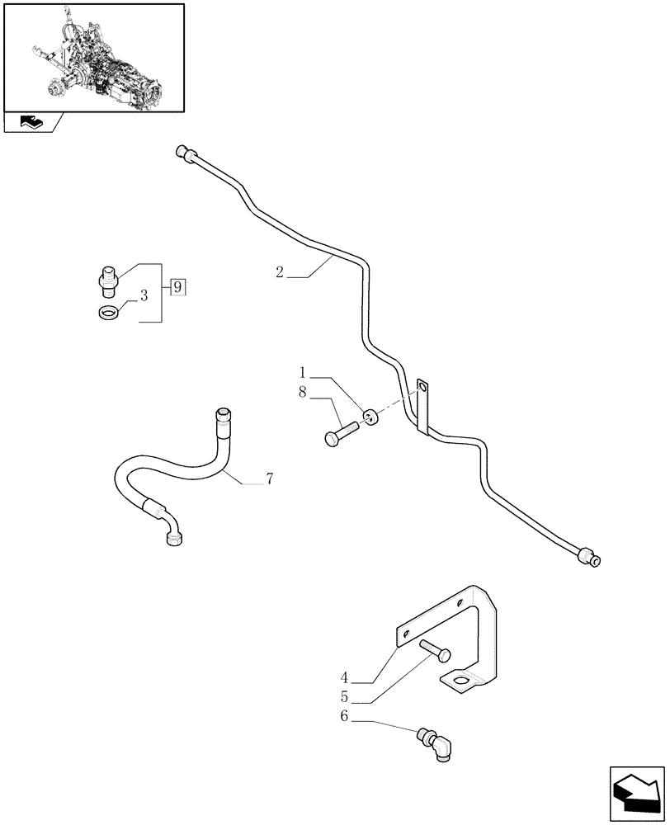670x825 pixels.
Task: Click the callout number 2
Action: (280, 273)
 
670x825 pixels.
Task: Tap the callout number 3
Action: (144, 295)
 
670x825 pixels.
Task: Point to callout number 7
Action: (269, 478)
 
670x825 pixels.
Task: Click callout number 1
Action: (303, 373)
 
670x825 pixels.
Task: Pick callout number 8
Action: (303, 394)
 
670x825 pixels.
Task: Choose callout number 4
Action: (345, 678)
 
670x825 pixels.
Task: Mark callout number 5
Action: (345, 698)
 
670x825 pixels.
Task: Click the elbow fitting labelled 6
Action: (438, 742)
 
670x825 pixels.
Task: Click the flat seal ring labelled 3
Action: (108, 313)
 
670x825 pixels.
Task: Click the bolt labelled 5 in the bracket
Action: (435, 651)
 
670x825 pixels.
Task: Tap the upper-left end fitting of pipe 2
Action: (184, 151)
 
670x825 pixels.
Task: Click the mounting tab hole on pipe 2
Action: (423, 386)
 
